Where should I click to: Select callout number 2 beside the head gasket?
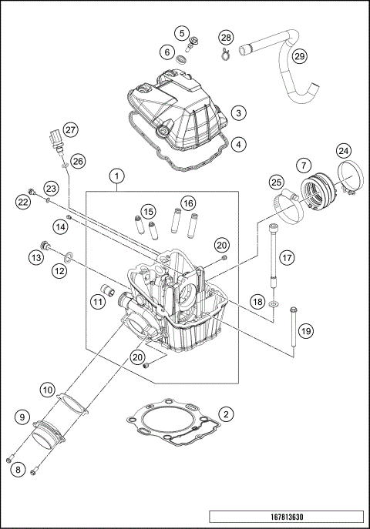(225, 414)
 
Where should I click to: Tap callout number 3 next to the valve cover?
(240, 112)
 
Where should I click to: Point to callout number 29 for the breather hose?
(300, 56)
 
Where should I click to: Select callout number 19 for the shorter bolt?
(305, 330)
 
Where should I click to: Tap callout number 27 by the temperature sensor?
(70, 129)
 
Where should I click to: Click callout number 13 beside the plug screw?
(35, 257)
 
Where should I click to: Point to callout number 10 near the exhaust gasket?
(48, 390)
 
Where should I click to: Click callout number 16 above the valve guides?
(187, 203)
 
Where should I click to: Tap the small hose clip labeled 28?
(224, 53)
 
